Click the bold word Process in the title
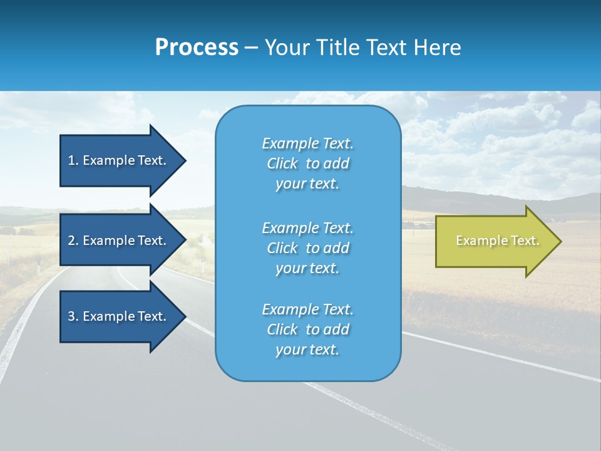(197, 48)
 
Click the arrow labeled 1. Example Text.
(119, 160)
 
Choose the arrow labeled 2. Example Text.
(119, 241)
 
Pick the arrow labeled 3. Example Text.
(119, 316)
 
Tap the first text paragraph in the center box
(307, 163)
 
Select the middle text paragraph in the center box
(307, 248)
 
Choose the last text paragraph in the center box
(307, 329)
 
